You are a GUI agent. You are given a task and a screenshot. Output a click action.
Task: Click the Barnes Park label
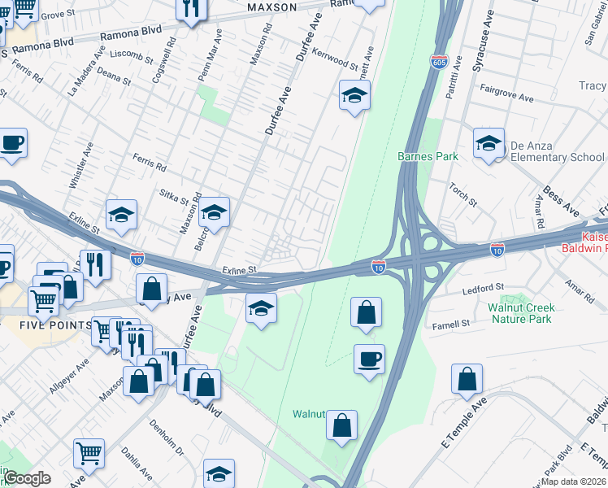(x=428, y=156)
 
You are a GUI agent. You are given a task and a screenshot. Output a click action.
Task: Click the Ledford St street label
(x=484, y=287)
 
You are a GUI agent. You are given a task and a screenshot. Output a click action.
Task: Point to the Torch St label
(x=463, y=194)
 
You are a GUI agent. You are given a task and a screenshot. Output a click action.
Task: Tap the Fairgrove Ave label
(x=506, y=94)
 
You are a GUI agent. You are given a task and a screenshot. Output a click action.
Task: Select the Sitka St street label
(x=173, y=197)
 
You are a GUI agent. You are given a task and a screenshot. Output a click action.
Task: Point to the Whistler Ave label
(x=81, y=166)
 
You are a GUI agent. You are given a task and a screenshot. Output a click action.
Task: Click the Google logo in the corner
(x=27, y=478)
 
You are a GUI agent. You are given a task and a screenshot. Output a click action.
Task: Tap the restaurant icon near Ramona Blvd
(x=191, y=10)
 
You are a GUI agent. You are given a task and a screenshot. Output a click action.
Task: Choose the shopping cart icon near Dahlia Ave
(x=89, y=453)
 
